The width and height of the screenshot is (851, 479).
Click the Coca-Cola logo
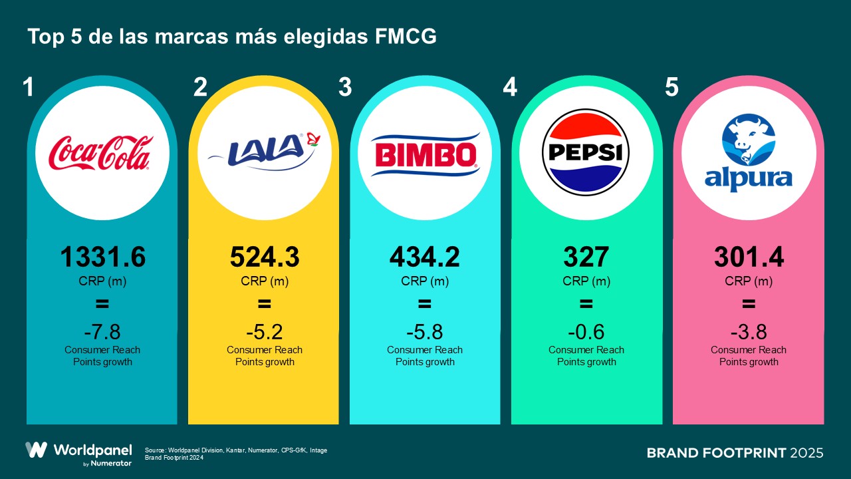pyautogui.click(x=102, y=152)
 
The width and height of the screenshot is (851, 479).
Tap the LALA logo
pyautogui.click(x=265, y=152)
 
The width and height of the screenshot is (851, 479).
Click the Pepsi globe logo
pyautogui.click(x=586, y=152)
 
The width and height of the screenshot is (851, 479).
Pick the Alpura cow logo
pyautogui.click(x=749, y=153)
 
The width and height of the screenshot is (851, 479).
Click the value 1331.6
pyautogui.click(x=102, y=257)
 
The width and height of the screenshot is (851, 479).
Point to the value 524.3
pyautogui.click(x=265, y=257)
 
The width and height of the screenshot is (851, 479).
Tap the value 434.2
pyautogui.click(x=425, y=257)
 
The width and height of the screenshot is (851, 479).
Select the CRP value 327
pyautogui.click(x=586, y=257)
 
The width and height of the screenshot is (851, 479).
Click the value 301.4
pyautogui.click(x=749, y=257)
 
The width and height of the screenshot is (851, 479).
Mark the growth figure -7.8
pyautogui.click(x=102, y=331)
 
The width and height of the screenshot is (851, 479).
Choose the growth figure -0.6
pyautogui.click(x=586, y=331)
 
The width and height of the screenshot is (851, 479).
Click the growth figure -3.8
pyautogui.click(x=749, y=331)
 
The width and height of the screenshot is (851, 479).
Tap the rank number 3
pyautogui.click(x=344, y=88)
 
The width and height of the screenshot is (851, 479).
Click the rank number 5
pyautogui.click(x=671, y=88)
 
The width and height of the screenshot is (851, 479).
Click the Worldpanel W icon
pyautogui.click(x=37, y=450)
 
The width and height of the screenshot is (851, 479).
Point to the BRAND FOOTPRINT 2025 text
pyautogui.click(x=735, y=453)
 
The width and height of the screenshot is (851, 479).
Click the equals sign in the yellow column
pyautogui.click(x=265, y=305)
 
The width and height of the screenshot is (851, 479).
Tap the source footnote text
pyautogui.click(x=235, y=454)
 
